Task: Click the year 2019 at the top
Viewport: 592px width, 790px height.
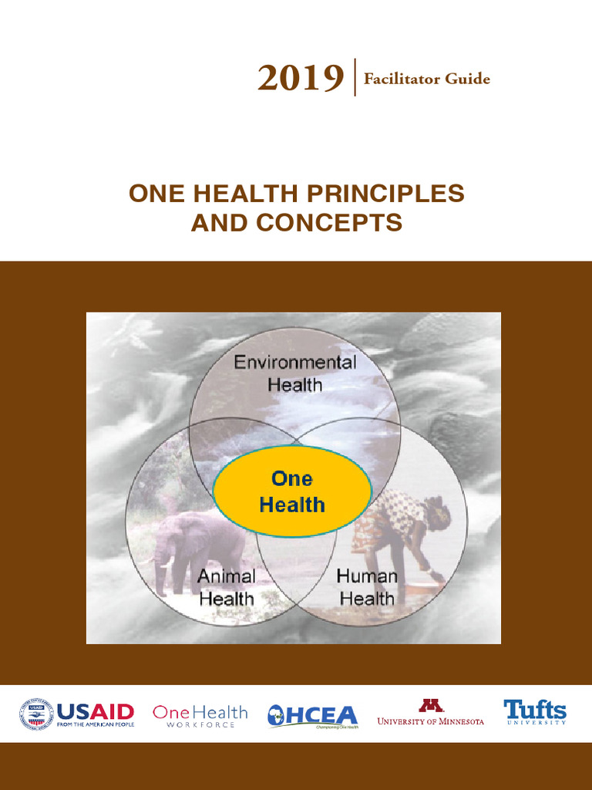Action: (x=301, y=78)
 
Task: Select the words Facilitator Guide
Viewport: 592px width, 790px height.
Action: (x=426, y=79)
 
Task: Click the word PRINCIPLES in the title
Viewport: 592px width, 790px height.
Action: (x=391, y=194)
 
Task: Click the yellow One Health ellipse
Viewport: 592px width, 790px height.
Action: (x=292, y=492)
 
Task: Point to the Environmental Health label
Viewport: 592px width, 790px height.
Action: (x=295, y=373)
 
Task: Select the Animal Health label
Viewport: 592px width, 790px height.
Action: (x=226, y=587)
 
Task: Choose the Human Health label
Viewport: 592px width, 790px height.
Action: (x=367, y=587)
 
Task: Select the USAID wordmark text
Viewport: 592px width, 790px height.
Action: (x=95, y=711)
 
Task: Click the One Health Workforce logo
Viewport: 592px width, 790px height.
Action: (x=200, y=716)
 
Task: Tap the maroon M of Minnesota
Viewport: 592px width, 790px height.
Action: (x=430, y=705)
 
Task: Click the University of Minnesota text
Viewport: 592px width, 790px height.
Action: (x=430, y=721)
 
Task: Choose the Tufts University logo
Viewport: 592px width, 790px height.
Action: (x=535, y=712)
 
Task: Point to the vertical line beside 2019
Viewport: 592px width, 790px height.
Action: (x=355, y=77)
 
